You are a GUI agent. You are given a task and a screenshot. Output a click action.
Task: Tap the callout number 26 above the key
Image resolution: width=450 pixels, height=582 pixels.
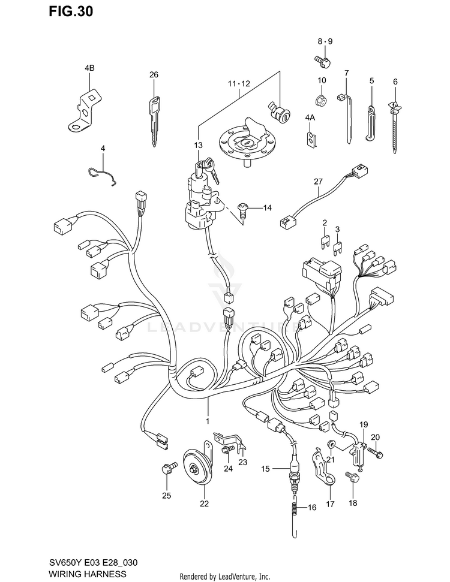(154, 75)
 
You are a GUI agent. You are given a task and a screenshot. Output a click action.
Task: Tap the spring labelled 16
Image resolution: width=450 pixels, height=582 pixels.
(294, 510)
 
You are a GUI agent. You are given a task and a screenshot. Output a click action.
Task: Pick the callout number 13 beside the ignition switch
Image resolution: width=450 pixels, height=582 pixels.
(199, 145)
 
